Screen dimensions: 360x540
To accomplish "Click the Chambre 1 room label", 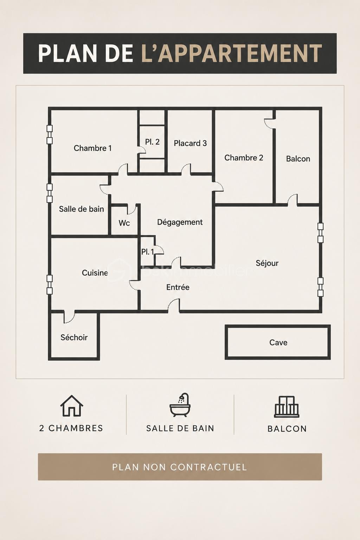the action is click(92, 148).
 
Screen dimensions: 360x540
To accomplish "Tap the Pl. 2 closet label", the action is click(152, 142).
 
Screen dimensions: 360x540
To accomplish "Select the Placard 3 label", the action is click(190, 143).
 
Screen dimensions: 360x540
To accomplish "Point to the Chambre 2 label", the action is click(244, 157).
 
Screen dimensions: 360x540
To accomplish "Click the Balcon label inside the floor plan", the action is click(298, 159).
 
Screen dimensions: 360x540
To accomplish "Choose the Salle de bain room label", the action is click(82, 209).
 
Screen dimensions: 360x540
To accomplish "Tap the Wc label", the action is click(124, 223).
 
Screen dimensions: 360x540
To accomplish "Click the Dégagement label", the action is click(180, 222).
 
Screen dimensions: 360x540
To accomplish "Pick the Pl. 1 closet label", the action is click(147, 252).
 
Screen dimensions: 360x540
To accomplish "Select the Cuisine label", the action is click(95, 273).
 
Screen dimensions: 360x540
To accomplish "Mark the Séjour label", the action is click(267, 263).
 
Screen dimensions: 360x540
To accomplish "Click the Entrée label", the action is click(178, 287).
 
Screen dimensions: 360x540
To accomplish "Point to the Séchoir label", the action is click(74, 337).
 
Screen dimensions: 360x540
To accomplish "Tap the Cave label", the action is click(278, 342).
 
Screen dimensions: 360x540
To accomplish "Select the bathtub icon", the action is click(180, 405).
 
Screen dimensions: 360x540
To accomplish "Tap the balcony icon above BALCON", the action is click(287, 406).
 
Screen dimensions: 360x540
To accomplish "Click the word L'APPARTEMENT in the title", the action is click(231, 53).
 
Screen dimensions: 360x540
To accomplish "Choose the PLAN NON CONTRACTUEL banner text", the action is click(180, 467).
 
